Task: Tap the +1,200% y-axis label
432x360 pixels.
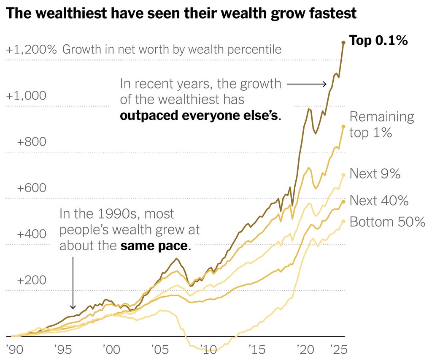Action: point(31,49)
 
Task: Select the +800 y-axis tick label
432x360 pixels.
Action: point(31,142)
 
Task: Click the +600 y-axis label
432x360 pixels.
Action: point(31,188)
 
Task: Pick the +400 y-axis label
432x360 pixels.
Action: point(31,234)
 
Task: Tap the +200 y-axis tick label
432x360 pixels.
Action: point(31,281)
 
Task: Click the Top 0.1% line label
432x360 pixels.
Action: point(378,41)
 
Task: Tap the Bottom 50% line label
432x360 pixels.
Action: point(387,222)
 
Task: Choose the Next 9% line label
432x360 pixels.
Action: point(375,173)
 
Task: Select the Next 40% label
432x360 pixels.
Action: point(379,200)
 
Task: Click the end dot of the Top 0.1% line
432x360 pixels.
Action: point(343,43)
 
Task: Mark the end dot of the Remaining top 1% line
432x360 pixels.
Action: point(343,127)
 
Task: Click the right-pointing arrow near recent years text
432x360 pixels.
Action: point(307,84)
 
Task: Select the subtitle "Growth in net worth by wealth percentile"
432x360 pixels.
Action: point(172,49)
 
